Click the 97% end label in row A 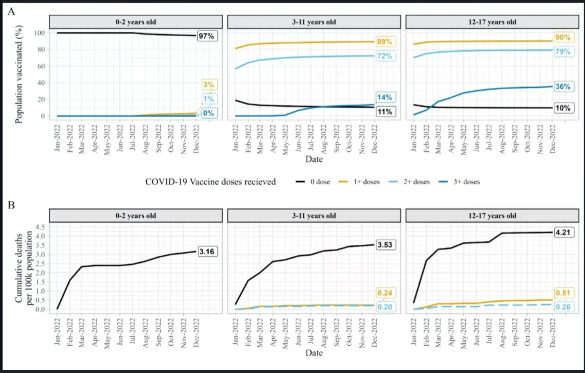pyautogui.click(x=206, y=36)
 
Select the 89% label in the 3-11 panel pyautogui.click(x=385, y=42)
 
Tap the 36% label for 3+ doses pyautogui.click(x=563, y=87)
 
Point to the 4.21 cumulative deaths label pyautogui.click(x=563, y=233)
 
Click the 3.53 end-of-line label pyautogui.click(x=385, y=245)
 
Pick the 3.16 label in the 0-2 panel pyautogui.click(x=206, y=251)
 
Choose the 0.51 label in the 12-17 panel pyautogui.click(x=563, y=293)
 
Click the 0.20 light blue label pyautogui.click(x=385, y=307)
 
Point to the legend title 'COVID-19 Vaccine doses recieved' pyautogui.click(x=211, y=182)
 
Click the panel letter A pyautogui.click(x=11, y=12)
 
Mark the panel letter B pyautogui.click(x=11, y=205)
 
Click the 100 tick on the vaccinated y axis pyautogui.click(x=39, y=33)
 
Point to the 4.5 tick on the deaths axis pyautogui.click(x=40, y=227)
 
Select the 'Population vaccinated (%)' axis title pyautogui.click(x=19, y=74)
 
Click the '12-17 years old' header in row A pyautogui.click(x=492, y=22)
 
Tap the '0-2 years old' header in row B pyautogui.click(x=136, y=216)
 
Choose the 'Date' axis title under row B pyautogui.click(x=314, y=353)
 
